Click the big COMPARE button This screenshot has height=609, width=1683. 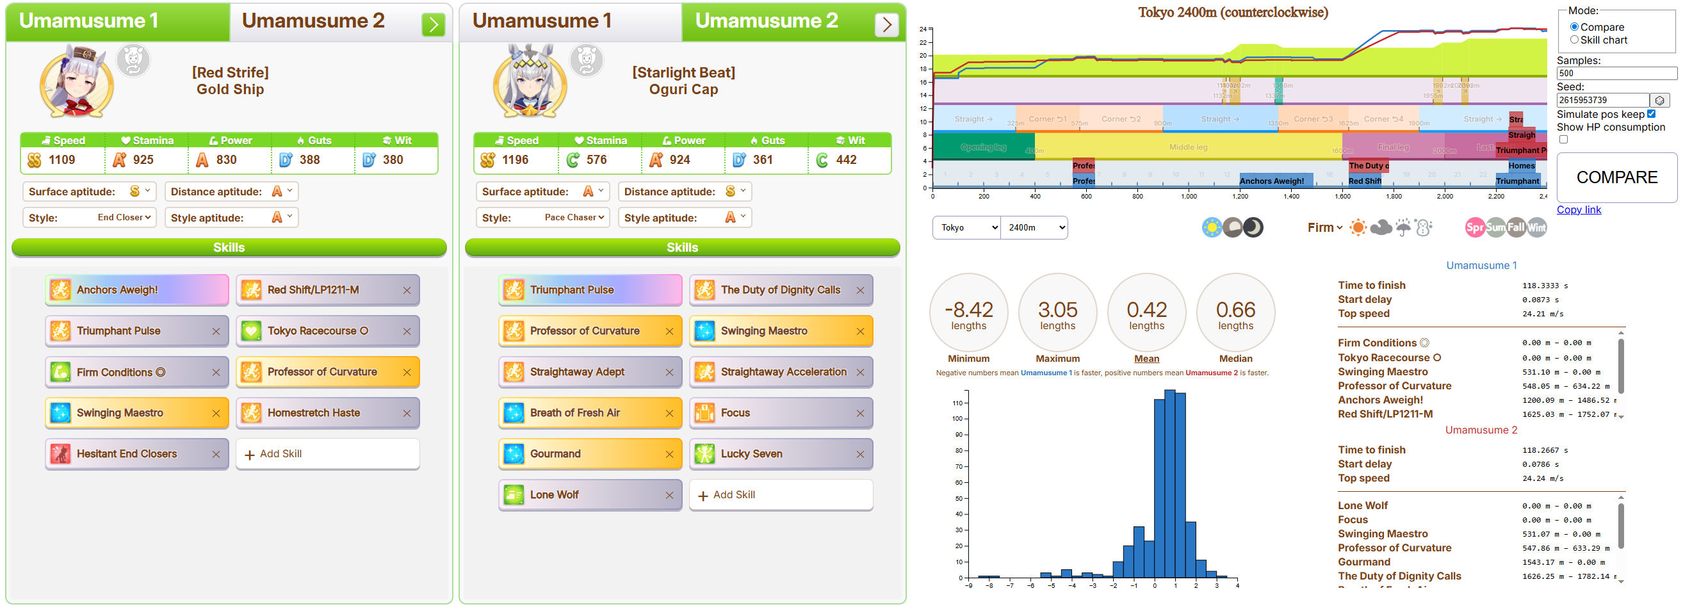1616,178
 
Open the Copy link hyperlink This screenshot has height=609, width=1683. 1579,210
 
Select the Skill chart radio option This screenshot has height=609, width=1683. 1574,40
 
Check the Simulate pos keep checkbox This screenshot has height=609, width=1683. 1651,114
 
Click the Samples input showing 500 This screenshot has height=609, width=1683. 1616,73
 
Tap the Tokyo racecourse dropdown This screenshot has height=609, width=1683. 966,227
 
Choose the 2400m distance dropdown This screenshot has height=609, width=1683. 1034,227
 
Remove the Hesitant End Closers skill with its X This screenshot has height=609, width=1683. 216,454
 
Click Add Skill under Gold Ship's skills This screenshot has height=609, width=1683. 327,454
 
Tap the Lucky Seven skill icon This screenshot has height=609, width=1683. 704,454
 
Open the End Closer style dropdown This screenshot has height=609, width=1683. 124,218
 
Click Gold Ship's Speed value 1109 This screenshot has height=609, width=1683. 62,160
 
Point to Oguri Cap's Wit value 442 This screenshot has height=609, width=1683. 846,160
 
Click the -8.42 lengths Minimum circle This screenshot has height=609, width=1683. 968,313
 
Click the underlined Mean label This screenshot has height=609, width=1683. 1146,359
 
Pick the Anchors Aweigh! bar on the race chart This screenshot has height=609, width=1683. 1271,181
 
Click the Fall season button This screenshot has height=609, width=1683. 1516,227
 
